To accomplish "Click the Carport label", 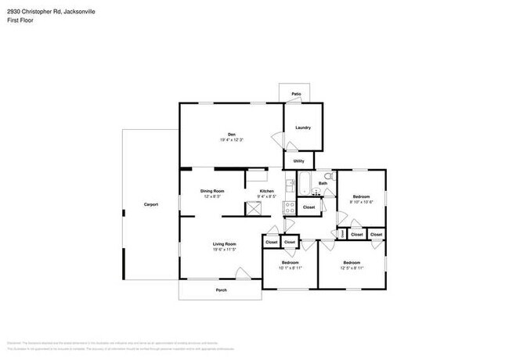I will pyautogui.click(x=151, y=204).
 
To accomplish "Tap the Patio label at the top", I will pyautogui.click(x=297, y=94).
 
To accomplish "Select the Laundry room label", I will pyautogui.click(x=303, y=128).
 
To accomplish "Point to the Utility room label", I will pyautogui.click(x=298, y=161).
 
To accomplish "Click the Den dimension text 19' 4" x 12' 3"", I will pyautogui.click(x=231, y=139).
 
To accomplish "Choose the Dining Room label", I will pyautogui.click(x=212, y=191).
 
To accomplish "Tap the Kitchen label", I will pyautogui.click(x=267, y=191).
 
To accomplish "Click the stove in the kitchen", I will pyautogui.click(x=289, y=207).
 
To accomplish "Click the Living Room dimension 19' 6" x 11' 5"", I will pyautogui.click(x=224, y=249).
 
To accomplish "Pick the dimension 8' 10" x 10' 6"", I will pyautogui.click(x=360, y=202).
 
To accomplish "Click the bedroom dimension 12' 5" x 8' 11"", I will pyautogui.click(x=351, y=268).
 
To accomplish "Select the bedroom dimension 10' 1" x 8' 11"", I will pyautogui.click(x=291, y=268).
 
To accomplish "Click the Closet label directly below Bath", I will pyautogui.click(x=309, y=207).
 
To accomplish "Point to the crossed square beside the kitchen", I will pyautogui.click(x=253, y=208).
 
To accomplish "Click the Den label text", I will pyautogui.click(x=231, y=134).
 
